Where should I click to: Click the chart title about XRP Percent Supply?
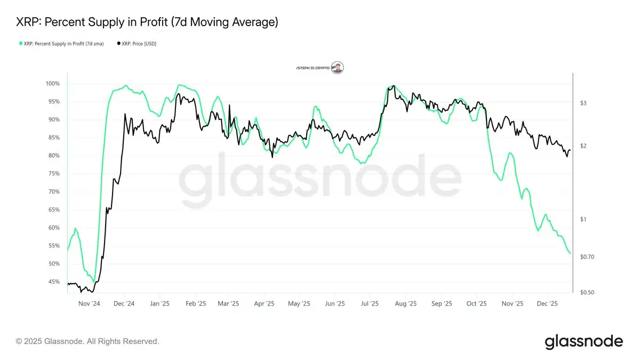coord(147,22)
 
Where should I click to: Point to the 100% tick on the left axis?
coord(52,84)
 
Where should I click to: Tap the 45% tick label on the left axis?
coord(54,282)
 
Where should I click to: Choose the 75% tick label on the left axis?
coord(54,174)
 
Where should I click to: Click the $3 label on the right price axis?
coord(583,103)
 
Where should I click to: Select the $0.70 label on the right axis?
coord(587,257)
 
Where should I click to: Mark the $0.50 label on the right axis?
coord(587,292)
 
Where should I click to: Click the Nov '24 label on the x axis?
coord(89,303)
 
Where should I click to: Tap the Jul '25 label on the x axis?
coord(370,303)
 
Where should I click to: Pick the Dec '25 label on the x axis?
coord(547,303)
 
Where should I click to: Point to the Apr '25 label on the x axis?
coord(264,303)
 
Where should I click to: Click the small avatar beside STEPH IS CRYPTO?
coord(337,68)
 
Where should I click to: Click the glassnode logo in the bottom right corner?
coord(583,341)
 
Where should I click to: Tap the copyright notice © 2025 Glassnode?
coord(87,341)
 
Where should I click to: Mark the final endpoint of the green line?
coord(570,253)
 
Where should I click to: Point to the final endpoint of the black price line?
coord(570,150)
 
